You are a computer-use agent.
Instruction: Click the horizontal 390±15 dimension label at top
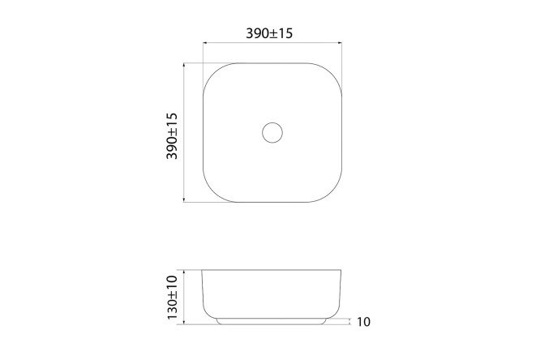click(269, 33)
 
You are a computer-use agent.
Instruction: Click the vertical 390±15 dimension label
click(172, 136)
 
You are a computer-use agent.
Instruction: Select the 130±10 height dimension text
click(172, 298)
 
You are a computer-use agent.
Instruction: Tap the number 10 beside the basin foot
click(363, 322)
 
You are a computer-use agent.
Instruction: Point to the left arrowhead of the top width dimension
click(205, 43)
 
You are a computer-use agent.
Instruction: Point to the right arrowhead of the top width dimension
click(339, 43)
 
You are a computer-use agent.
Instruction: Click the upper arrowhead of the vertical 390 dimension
click(184, 66)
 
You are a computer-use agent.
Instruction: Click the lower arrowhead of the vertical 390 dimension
click(184, 199)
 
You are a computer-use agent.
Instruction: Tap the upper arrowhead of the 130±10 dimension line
click(184, 272)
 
